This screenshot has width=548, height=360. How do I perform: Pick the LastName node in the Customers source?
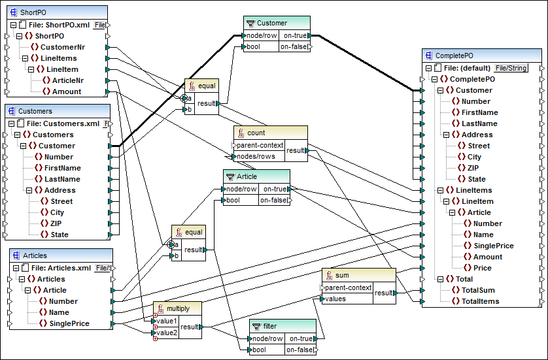(x=62, y=179)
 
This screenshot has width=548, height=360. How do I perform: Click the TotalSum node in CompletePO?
(x=477, y=290)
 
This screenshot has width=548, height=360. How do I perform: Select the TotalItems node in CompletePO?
(x=480, y=301)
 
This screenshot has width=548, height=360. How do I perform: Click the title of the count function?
(x=256, y=133)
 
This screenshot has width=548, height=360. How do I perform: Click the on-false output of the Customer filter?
(x=294, y=47)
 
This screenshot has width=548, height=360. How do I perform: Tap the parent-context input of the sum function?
(x=349, y=287)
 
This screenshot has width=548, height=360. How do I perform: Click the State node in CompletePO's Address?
(x=477, y=179)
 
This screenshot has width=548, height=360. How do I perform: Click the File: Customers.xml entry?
(x=62, y=123)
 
